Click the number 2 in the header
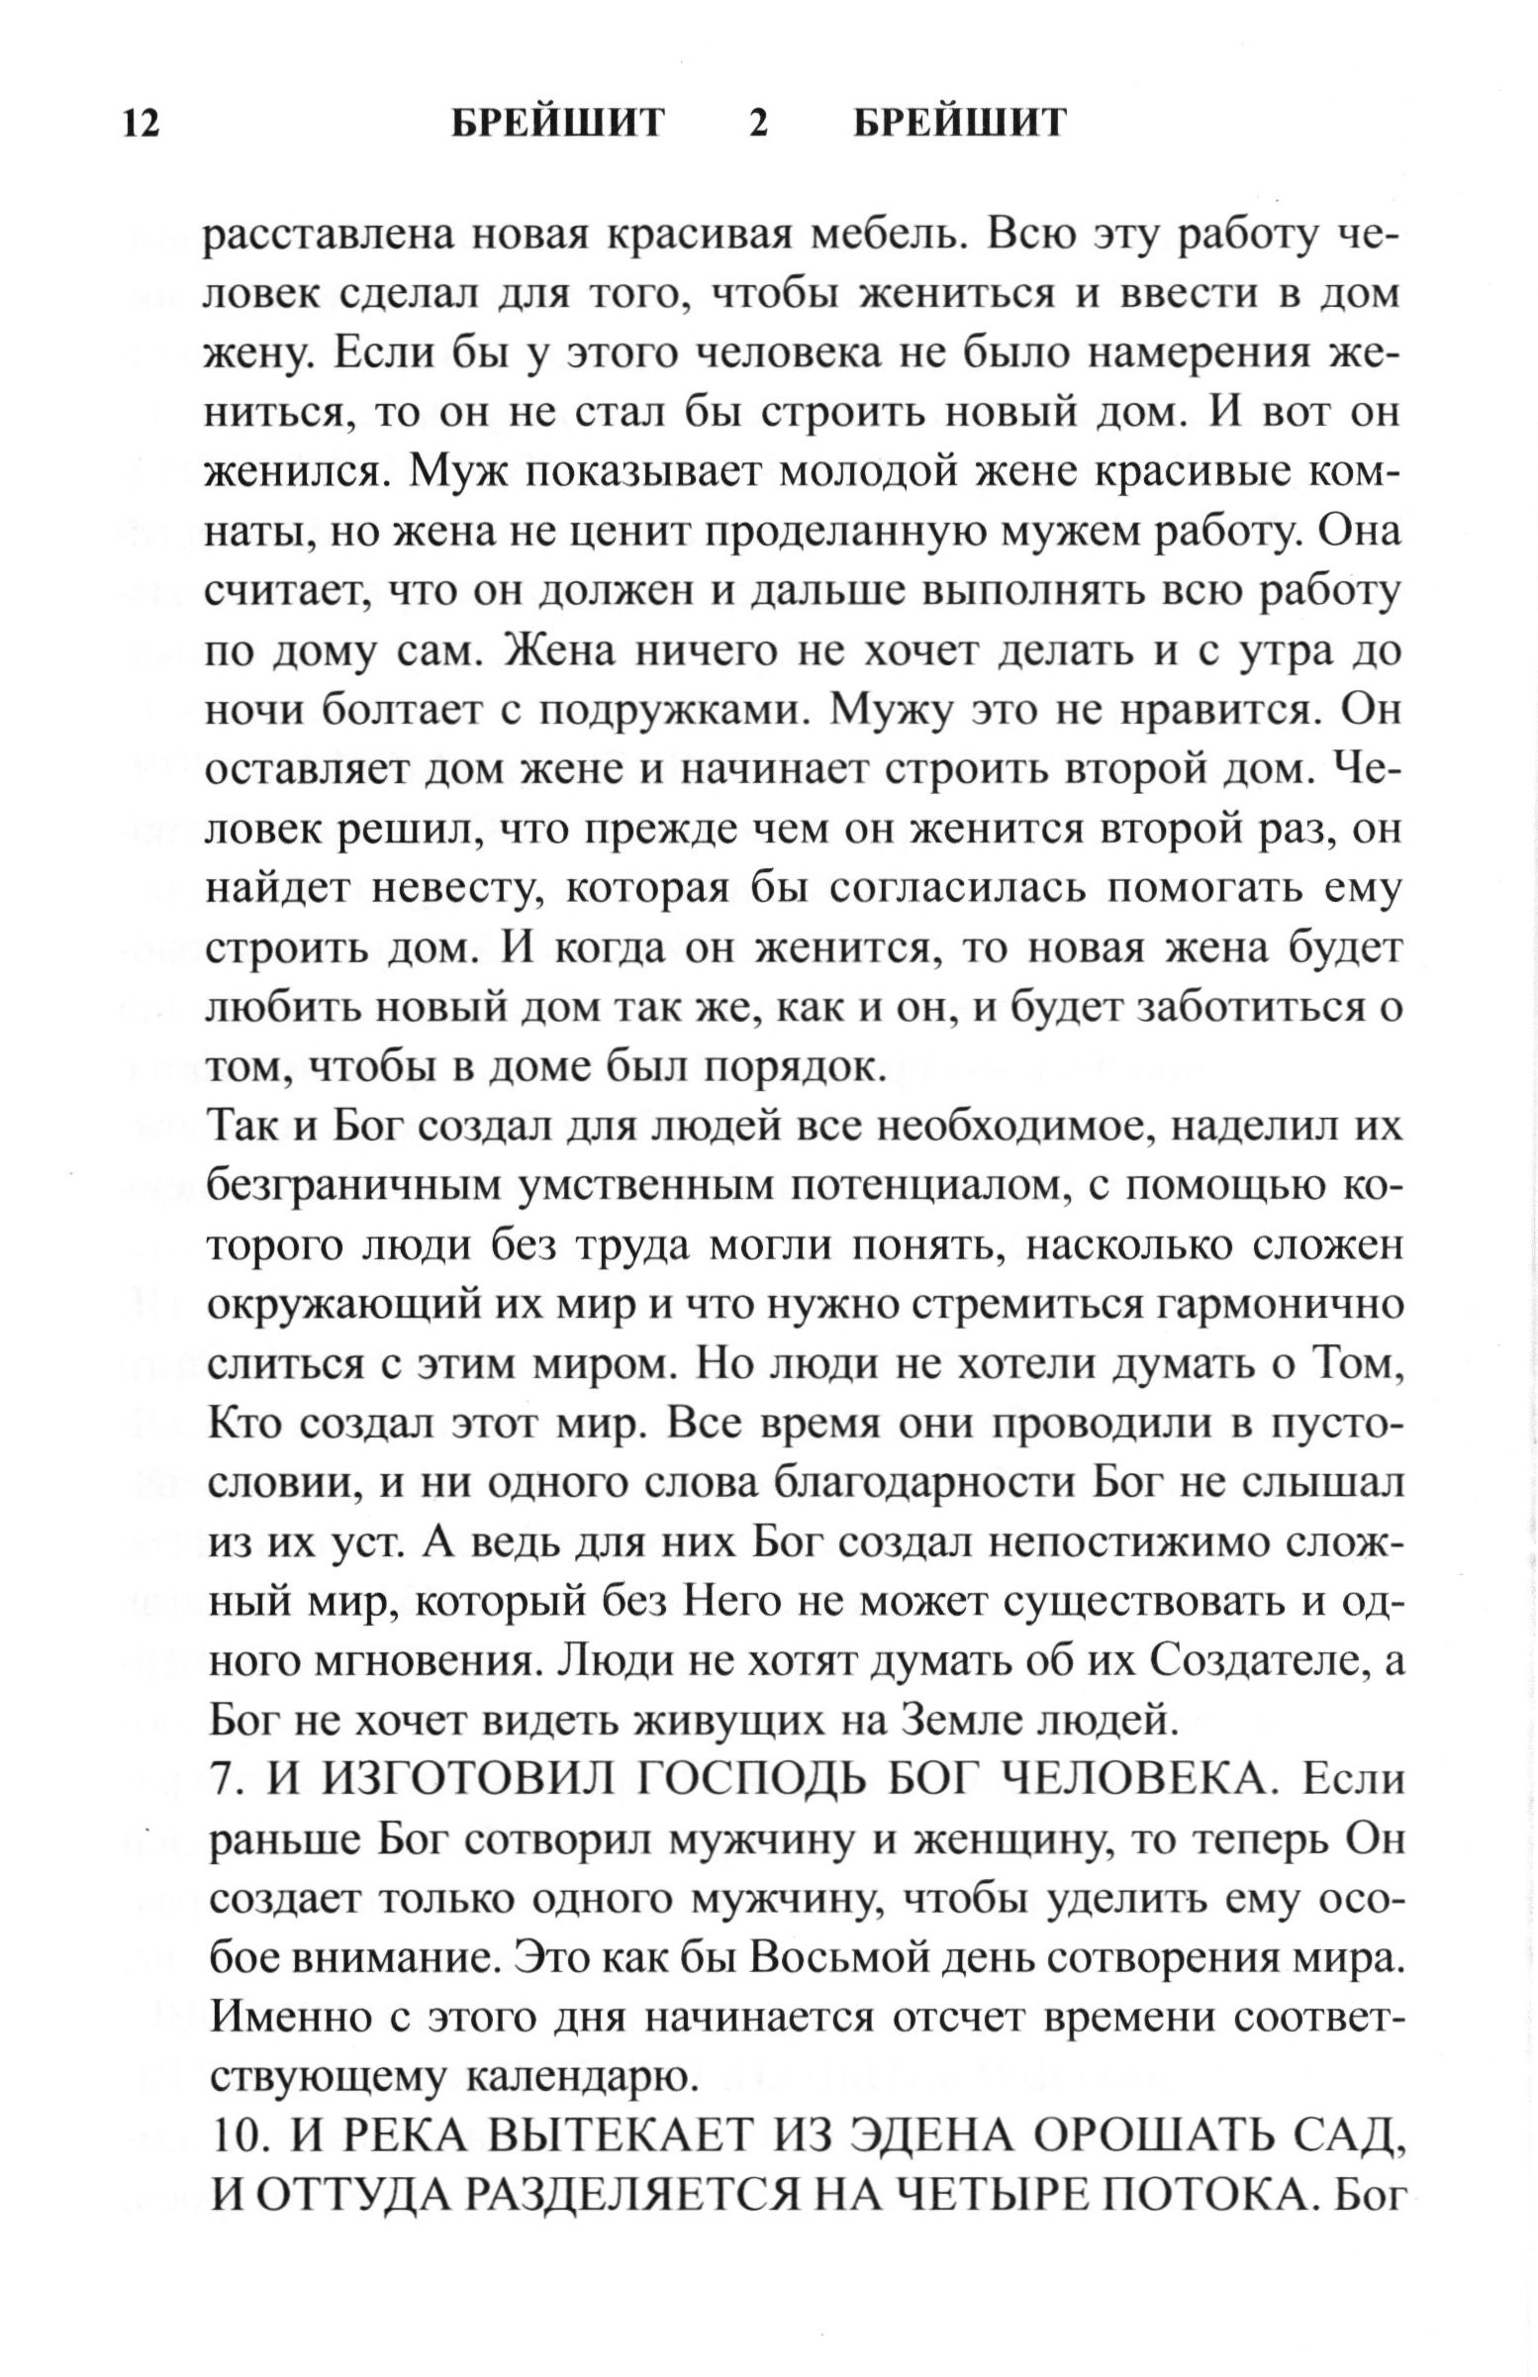point(759,124)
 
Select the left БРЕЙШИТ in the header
point(557,124)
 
